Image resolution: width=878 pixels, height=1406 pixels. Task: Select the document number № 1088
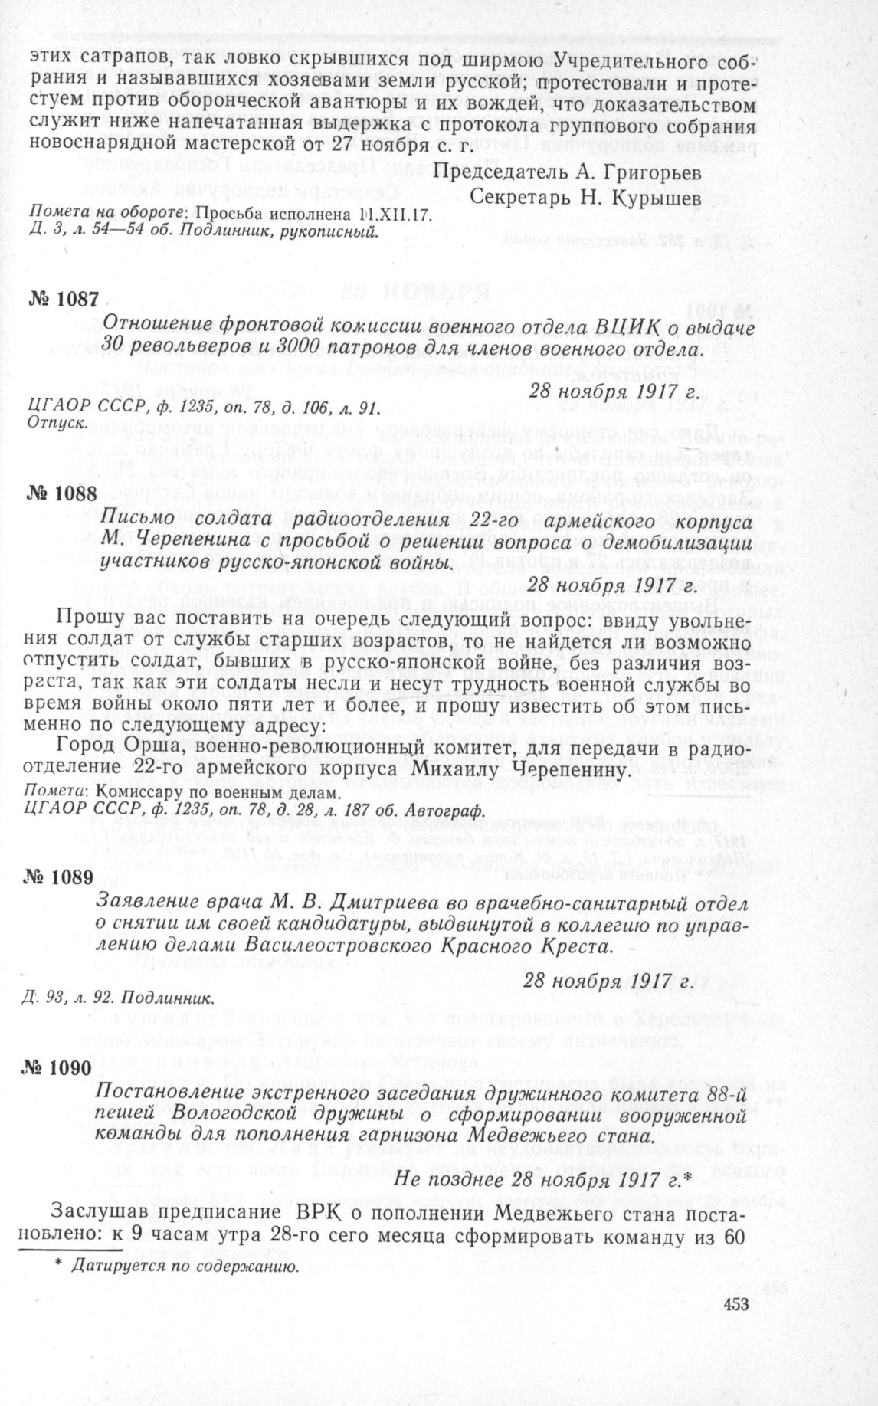pos(64,493)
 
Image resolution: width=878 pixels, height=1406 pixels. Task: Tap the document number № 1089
pos(64,877)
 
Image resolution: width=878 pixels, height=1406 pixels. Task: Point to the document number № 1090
pos(64,1067)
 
